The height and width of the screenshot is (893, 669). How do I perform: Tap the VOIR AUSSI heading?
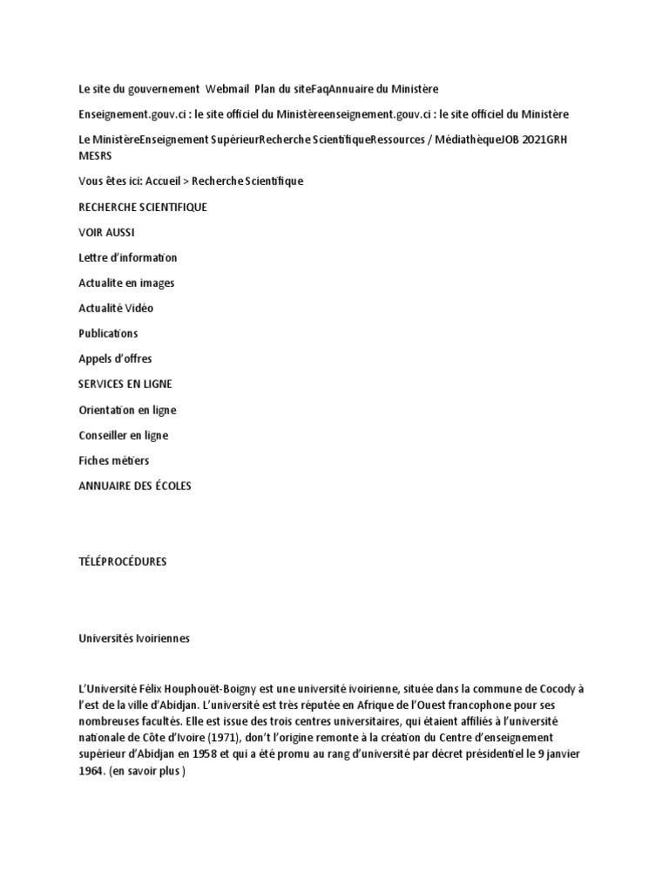106,232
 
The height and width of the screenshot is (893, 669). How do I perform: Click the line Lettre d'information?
127,257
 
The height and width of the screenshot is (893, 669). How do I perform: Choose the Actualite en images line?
126,283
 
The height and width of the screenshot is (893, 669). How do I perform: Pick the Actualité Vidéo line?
116,308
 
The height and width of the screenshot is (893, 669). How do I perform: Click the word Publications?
108,333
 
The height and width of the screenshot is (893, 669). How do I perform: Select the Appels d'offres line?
115,358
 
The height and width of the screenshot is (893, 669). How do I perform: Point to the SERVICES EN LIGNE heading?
125,384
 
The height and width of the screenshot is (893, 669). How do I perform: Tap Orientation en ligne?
127,410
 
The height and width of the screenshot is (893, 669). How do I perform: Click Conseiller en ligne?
123,435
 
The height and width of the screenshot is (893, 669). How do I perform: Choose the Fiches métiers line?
113,460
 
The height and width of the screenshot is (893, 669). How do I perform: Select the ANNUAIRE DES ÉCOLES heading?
135,485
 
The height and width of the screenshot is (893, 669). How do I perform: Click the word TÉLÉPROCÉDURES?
122,562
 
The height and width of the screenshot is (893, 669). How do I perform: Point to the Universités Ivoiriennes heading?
133,638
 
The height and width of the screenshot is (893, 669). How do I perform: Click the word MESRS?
95,156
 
